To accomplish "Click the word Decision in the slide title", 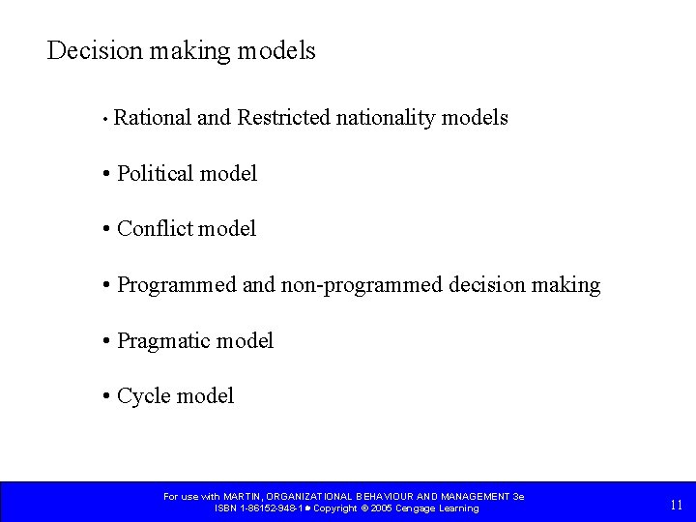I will point(88,50).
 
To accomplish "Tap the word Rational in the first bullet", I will point(152,118).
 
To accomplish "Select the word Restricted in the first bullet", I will point(283,118).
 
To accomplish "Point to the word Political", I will point(154,174).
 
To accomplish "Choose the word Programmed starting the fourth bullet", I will point(176,285).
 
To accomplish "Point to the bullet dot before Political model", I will point(104,175).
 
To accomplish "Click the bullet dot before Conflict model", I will point(104,230).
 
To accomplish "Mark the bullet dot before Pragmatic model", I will point(104,341).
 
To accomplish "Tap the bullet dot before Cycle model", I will point(104,396).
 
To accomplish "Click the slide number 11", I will point(676,505).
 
